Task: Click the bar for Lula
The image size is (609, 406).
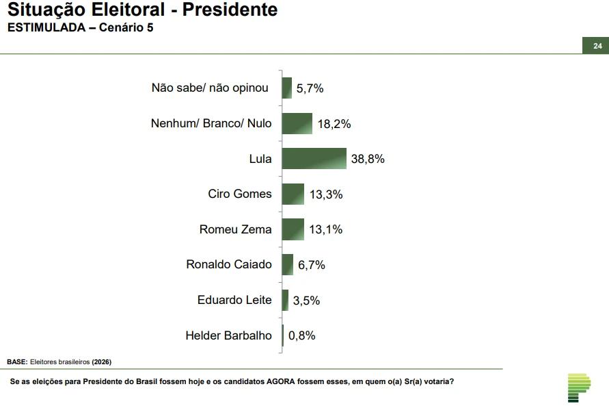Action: [314, 158]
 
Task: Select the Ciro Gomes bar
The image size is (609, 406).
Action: [293, 194]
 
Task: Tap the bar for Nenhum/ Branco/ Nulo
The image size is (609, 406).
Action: [297, 123]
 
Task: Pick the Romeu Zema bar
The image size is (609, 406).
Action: [293, 229]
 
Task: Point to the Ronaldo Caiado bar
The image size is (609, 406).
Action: [287, 264]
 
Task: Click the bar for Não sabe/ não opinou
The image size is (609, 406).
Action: [286, 88]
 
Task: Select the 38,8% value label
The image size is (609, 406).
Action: [368, 159]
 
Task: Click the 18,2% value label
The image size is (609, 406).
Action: [334, 124]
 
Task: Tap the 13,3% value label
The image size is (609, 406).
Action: [325, 194]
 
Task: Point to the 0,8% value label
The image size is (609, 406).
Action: [301, 335]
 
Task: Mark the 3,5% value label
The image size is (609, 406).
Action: [306, 300]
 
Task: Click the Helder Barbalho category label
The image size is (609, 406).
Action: [228, 335]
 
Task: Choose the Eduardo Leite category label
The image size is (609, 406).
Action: [234, 300]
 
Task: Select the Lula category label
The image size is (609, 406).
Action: [260, 159]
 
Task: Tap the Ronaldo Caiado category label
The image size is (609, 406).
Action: [229, 264]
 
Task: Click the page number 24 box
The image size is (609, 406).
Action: [597, 46]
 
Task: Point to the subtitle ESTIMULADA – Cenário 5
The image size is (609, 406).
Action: [80, 28]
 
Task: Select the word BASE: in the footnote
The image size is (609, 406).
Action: [17, 361]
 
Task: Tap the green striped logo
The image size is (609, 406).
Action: [578, 388]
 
